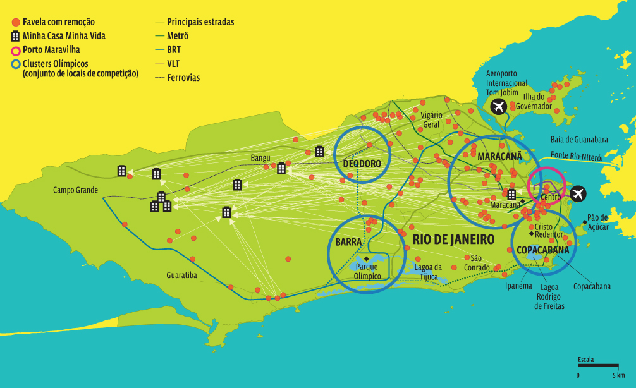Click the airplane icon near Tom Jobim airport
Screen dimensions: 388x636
click(499, 107)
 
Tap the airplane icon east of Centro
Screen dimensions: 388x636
click(577, 194)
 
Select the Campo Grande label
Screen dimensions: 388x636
click(76, 190)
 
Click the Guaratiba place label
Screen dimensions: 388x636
click(181, 276)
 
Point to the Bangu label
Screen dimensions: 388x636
click(260, 157)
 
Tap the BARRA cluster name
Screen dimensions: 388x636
click(348, 242)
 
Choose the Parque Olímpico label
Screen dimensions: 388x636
click(368, 271)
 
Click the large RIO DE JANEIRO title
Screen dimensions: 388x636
click(453, 239)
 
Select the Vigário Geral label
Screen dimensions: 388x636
click(431, 119)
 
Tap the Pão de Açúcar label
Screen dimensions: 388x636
click(597, 222)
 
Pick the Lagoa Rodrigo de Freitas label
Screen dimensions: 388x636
click(548, 296)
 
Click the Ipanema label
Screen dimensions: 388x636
click(518, 286)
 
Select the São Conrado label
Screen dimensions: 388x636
click(477, 263)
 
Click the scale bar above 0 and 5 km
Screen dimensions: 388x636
click(597, 365)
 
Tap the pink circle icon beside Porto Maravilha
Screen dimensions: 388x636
click(16, 50)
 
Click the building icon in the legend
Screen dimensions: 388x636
click(16, 36)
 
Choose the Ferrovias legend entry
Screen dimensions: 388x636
click(183, 78)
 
